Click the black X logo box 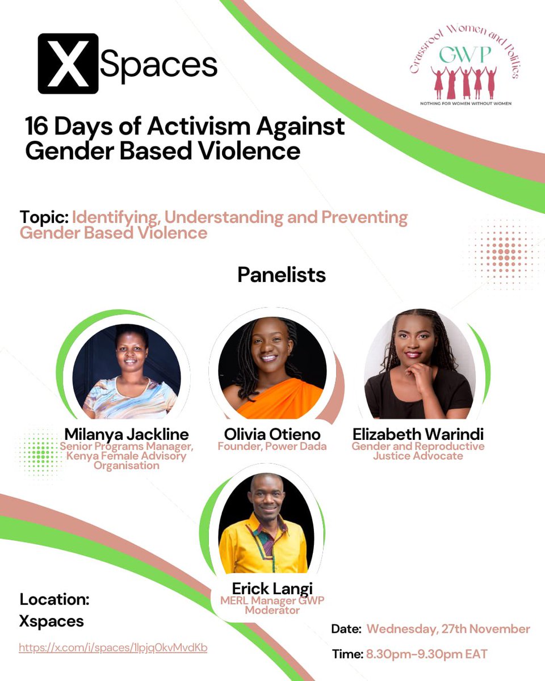[68, 64]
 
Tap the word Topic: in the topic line [44, 218]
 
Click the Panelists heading [282, 275]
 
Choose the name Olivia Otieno [272, 435]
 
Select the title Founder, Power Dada [272, 446]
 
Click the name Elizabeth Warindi [418, 435]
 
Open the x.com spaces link [113, 648]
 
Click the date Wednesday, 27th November [448, 629]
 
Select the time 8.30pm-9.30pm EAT [426, 654]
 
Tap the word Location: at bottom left [54, 599]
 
